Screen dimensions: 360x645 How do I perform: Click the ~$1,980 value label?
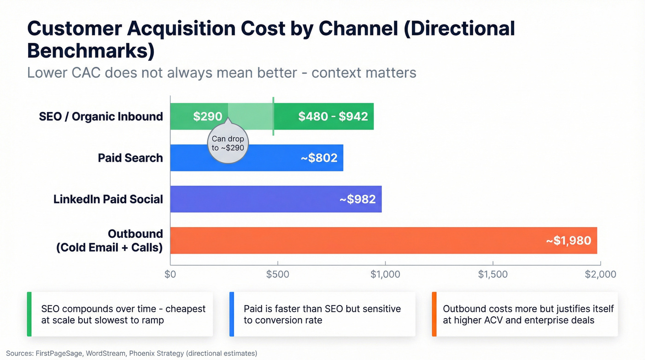[x=568, y=240]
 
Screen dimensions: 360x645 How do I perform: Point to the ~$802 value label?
[x=319, y=158]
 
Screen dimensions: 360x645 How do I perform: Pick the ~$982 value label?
[x=358, y=199]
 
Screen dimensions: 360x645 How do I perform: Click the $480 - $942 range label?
[x=333, y=116]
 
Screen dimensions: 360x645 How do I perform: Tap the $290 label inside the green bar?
[x=207, y=116]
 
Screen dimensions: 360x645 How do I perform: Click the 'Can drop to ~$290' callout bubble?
[x=228, y=143]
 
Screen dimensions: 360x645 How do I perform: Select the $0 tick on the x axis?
[x=170, y=274]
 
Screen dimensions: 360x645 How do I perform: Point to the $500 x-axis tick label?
[x=278, y=274]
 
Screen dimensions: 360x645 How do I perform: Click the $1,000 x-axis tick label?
[x=385, y=274]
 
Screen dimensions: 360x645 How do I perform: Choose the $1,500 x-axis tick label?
[x=493, y=274]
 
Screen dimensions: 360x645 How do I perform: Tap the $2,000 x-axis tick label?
[x=600, y=274]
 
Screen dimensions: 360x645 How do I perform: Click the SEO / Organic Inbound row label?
[x=101, y=116]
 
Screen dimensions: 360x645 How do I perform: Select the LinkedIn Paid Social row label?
[x=108, y=199]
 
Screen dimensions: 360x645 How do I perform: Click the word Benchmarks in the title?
[x=91, y=51]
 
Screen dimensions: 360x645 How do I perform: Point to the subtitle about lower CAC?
[x=222, y=73]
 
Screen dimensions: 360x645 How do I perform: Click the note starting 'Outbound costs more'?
[x=528, y=314]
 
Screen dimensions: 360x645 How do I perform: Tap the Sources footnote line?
[x=131, y=354]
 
